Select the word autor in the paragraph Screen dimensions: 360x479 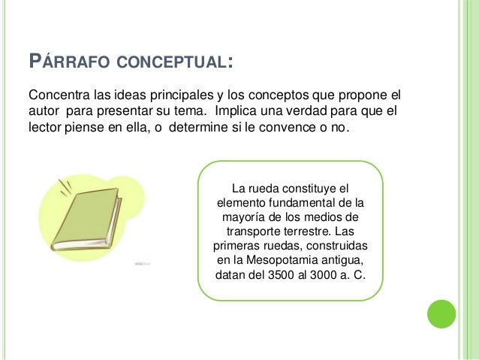(x=43, y=111)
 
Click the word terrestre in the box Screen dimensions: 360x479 (x=306, y=231)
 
